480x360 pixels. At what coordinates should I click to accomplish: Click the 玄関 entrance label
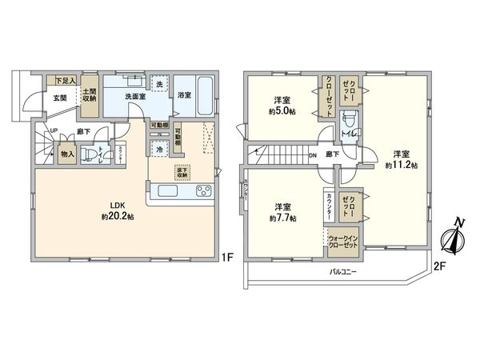[x=60, y=98]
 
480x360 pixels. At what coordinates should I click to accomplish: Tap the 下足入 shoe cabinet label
[x=65, y=81]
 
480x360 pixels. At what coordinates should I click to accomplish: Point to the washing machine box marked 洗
[x=159, y=84]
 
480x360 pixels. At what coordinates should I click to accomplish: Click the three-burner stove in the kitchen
[x=202, y=191]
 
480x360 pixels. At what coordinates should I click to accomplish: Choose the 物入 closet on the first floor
[x=67, y=154]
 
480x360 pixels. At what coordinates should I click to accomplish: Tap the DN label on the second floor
[x=312, y=155]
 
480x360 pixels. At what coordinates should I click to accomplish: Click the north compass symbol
[x=452, y=238]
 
